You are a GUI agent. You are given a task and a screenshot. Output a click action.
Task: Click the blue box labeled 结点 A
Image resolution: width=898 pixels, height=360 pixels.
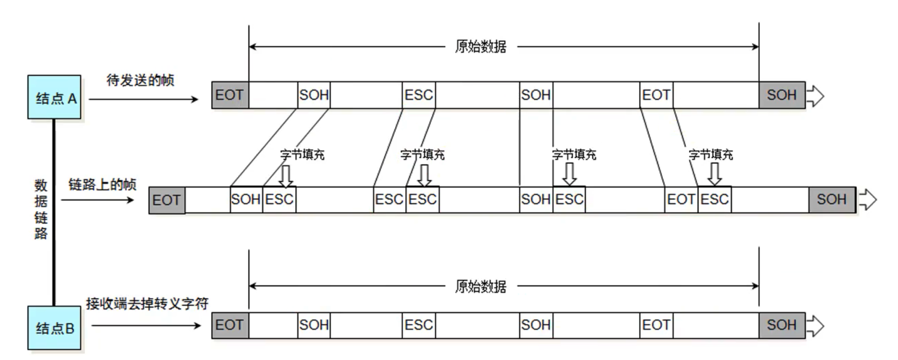[54, 97]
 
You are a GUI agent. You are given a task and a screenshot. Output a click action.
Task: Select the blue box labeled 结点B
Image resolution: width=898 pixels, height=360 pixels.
[54, 328]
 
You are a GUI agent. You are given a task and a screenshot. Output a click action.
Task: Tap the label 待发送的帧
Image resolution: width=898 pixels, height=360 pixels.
[140, 80]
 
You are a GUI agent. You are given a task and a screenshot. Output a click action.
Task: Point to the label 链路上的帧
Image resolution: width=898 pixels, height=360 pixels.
[102, 184]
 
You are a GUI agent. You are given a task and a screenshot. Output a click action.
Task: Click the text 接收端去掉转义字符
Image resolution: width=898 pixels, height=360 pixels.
[147, 304]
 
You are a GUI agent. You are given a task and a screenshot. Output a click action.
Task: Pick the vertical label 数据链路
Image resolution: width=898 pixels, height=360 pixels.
[41, 209]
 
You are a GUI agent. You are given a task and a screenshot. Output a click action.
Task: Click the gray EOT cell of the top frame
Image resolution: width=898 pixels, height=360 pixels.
[230, 95]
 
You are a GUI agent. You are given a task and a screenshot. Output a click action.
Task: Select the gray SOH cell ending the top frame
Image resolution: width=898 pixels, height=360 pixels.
[782, 95]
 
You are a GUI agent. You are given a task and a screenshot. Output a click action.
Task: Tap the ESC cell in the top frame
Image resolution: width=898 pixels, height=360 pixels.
[418, 95]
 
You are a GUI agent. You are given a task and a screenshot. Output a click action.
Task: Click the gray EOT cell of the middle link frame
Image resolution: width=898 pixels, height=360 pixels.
[166, 200]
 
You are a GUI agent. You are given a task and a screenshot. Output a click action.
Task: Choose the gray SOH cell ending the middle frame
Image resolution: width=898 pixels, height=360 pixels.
[831, 199]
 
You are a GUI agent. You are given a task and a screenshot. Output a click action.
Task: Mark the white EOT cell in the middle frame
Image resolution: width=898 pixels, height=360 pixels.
[681, 199]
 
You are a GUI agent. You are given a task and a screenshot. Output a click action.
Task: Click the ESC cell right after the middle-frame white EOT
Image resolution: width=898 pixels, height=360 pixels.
[715, 199]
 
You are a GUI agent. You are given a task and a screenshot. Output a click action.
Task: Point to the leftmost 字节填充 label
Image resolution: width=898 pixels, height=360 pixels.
[302, 155]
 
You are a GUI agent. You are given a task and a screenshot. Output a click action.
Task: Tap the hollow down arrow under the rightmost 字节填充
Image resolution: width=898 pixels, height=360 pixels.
[714, 174]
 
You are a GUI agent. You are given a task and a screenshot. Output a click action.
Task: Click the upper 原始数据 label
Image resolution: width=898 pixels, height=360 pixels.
[481, 47]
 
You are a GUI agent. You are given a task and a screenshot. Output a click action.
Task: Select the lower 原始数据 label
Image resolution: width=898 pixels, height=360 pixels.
[481, 286]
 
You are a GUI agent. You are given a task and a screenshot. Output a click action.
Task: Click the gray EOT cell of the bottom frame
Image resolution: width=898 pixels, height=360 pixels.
[230, 325]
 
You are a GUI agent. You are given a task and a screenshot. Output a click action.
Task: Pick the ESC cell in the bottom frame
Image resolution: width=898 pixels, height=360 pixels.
[418, 325]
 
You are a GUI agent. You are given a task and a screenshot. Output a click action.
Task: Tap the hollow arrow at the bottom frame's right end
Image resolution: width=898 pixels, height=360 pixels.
[815, 326]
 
